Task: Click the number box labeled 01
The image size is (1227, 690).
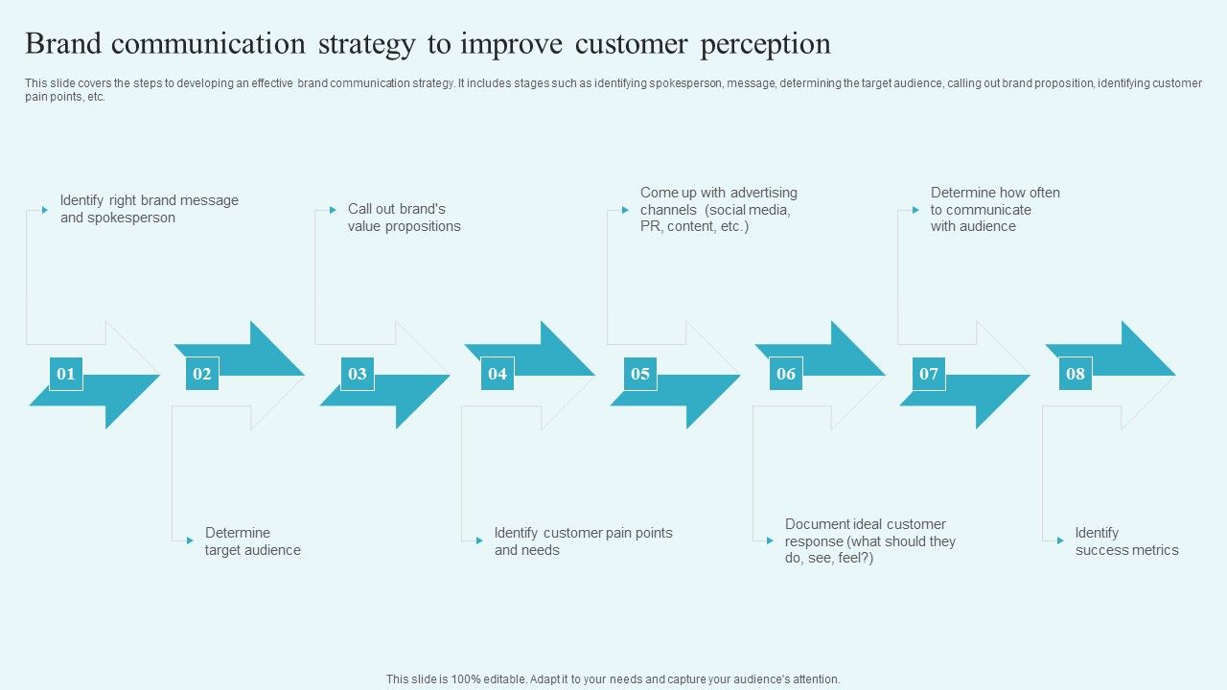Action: (x=65, y=374)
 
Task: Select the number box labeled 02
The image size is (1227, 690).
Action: (x=202, y=374)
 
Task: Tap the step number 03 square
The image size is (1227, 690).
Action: (x=358, y=374)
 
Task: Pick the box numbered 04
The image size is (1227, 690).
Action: (x=498, y=374)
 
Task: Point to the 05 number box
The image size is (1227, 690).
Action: (x=640, y=374)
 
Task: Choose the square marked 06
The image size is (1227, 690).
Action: (x=786, y=374)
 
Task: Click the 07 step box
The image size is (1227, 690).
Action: (x=929, y=374)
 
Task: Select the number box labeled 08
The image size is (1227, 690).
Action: (x=1076, y=374)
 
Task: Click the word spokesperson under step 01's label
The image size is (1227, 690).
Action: (x=131, y=218)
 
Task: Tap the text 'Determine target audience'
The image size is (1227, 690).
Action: (x=252, y=541)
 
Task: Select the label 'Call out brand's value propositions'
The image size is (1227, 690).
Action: (x=404, y=218)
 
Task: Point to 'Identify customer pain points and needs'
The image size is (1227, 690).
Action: (x=583, y=541)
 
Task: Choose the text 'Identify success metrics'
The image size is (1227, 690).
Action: (x=1126, y=541)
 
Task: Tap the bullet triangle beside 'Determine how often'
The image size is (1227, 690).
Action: (x=915, y=210)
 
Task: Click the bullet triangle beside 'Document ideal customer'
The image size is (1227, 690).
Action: (x=770, y=540)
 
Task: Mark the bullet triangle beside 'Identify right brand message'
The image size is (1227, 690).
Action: (x=44, y=210)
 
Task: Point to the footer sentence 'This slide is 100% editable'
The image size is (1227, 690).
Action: (x=613, y=679)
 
